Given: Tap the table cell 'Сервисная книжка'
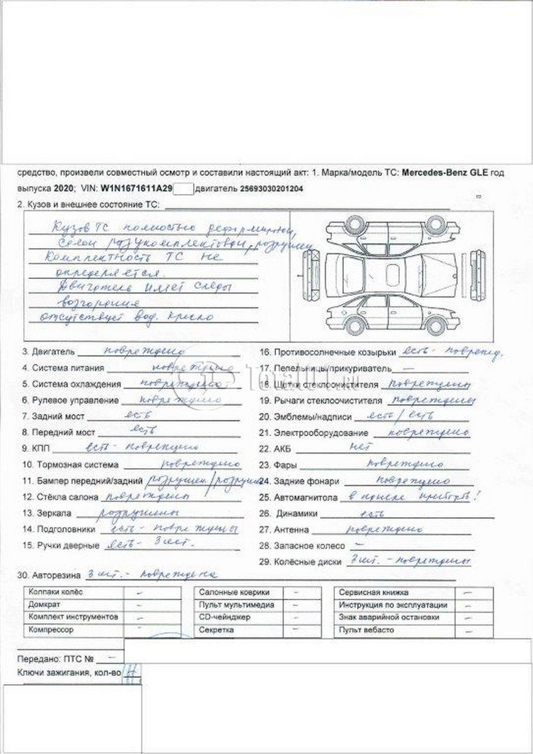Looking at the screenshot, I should coord(374,593).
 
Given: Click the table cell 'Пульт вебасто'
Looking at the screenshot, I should coord(366,629).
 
